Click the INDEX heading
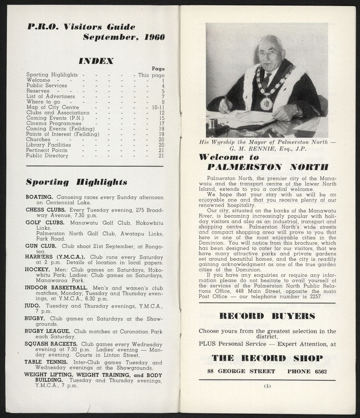96,61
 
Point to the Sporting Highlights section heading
76,182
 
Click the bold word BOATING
39,197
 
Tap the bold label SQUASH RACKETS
51,344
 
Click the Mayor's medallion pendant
266,104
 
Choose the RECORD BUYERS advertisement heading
267,316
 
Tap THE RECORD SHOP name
267,358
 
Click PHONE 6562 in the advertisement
307,371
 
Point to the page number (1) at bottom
267,386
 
